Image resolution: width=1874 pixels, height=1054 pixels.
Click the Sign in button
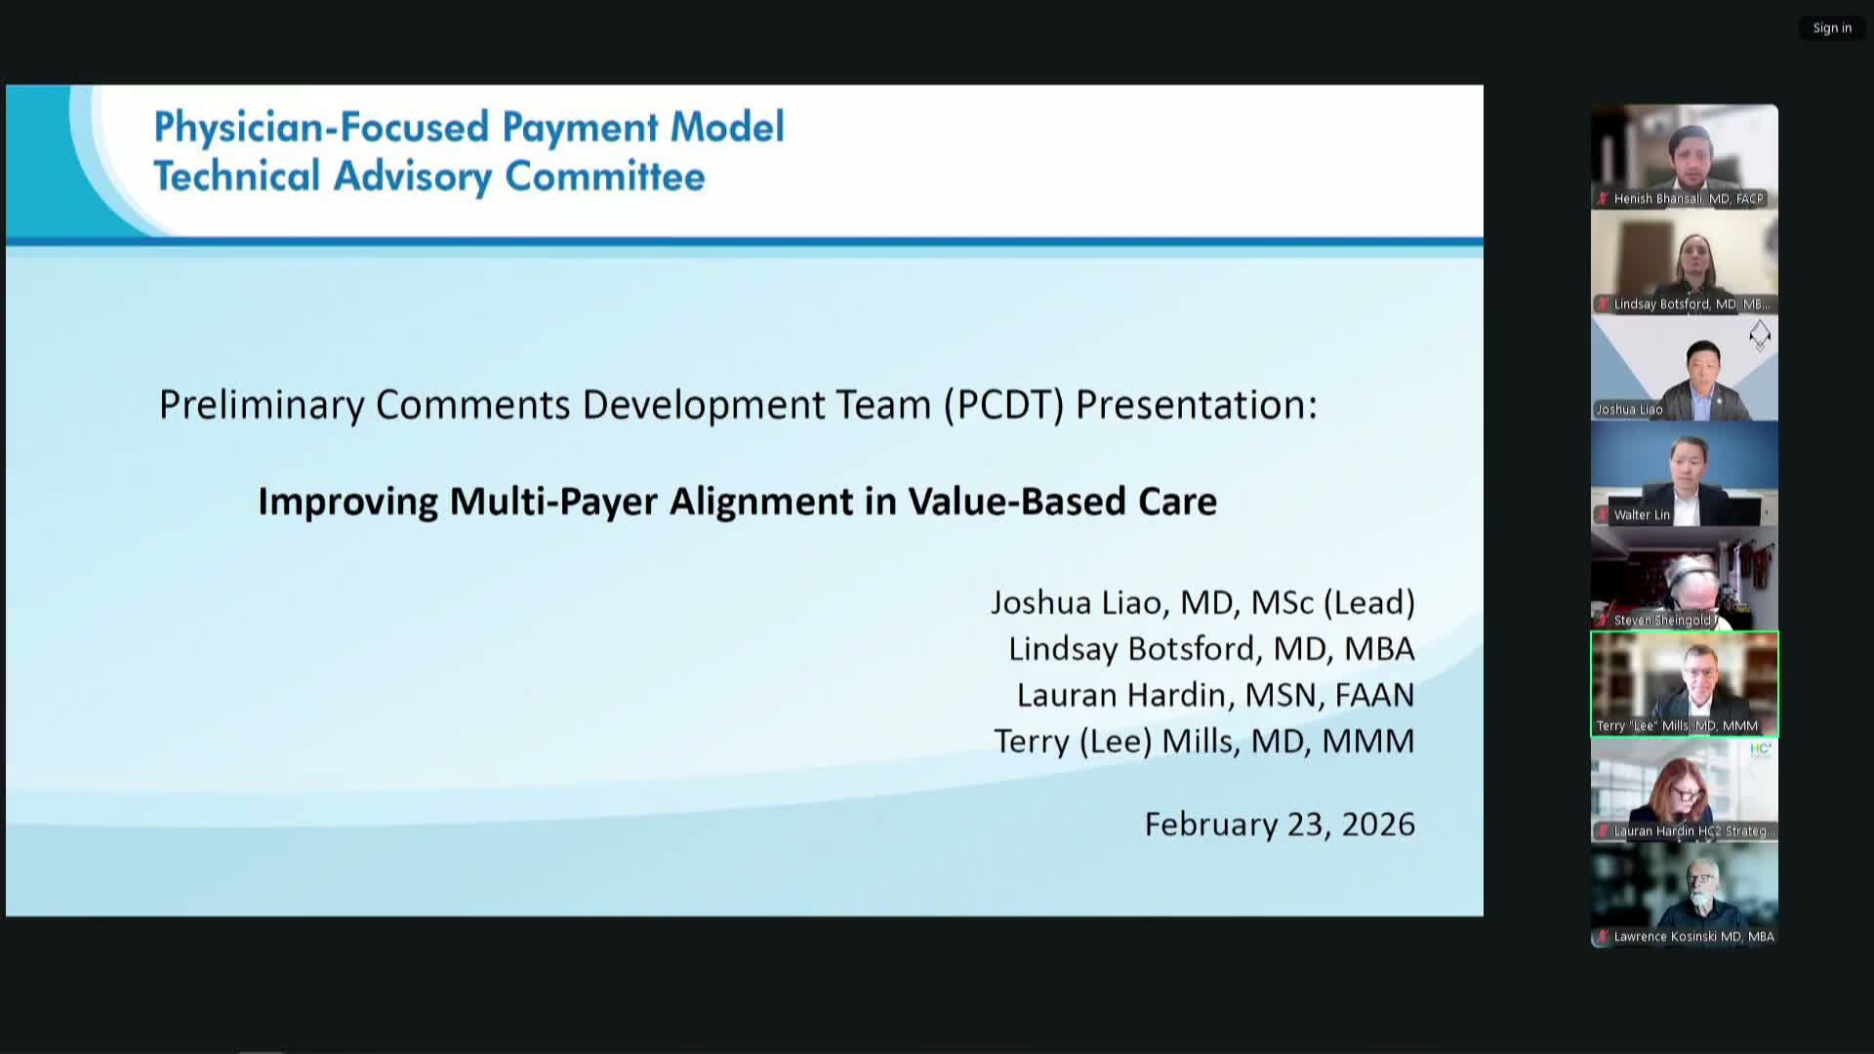coord(1832,28)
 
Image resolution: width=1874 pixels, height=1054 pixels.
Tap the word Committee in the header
coord(604,177)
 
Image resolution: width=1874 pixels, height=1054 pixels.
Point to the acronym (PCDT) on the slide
coord(1003,405)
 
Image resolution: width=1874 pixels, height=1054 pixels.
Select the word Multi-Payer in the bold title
coord(552,502)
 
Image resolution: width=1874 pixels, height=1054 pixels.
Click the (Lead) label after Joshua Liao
coord(1368,603)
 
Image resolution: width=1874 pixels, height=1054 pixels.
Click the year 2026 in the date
coord(1378,825)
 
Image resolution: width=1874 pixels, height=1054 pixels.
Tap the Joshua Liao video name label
coord(1629,410)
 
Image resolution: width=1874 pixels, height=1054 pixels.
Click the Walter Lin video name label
coord(1642,515)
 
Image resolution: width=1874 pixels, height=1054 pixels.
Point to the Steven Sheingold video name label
coord(1661,621)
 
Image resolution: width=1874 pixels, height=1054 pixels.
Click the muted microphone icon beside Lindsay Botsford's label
coord(1603,304)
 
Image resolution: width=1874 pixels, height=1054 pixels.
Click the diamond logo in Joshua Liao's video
coord(1759,335)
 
